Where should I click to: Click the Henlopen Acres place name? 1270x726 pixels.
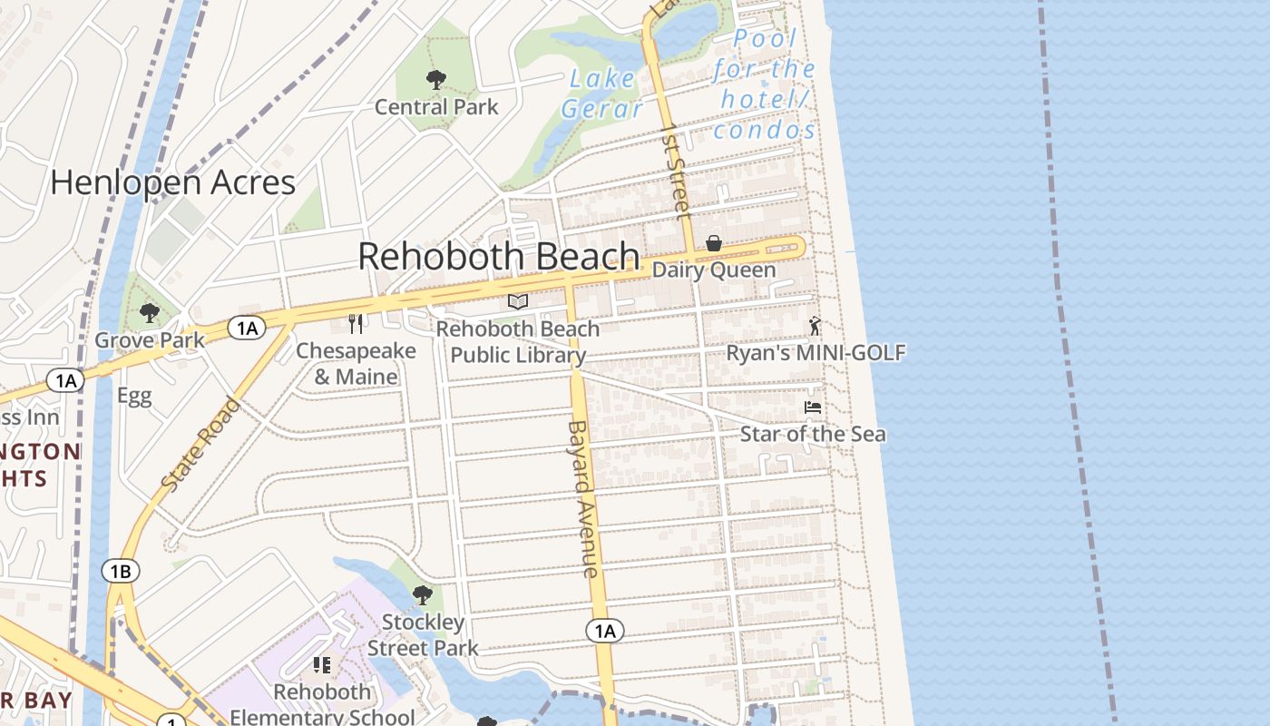click(172, 182)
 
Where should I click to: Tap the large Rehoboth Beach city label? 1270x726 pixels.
click(499, 257)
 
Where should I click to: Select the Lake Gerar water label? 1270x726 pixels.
click(602, 93)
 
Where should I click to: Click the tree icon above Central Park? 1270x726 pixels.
click(436, 80)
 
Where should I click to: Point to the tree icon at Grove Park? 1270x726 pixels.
click(150, 313)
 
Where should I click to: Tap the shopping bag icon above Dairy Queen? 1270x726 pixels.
click(714, 243)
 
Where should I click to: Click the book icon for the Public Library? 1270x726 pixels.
click(518, 301)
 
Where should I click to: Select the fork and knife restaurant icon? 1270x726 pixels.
click(357, 324)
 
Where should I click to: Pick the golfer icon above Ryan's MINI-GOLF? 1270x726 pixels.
click(815, 326)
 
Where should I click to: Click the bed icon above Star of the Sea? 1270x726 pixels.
click(813, 407)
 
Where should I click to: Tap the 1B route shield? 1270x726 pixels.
click(121, 571)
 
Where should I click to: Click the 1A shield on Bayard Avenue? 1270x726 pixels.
click(605, 631)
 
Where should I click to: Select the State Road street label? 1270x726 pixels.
click(200, 446)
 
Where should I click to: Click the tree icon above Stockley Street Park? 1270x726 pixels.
click(423, 595)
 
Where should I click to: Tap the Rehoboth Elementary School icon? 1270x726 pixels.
click(322, 665)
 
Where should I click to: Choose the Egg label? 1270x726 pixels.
click(134, 396)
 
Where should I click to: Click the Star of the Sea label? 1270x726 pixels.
click(813, 434)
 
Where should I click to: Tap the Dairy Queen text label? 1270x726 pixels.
click(714, 270)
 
